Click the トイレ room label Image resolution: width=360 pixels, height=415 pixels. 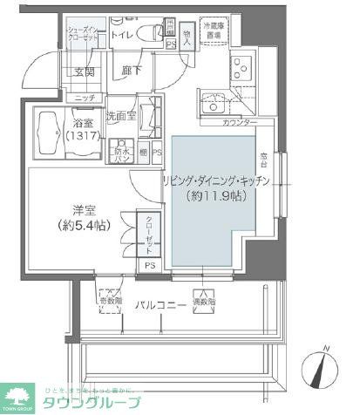pos(122,35)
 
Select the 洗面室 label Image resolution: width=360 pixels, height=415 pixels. pos(119,114)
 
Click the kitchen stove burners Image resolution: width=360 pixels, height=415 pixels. pos(241,65)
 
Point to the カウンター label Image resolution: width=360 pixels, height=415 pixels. pos(240,123)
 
